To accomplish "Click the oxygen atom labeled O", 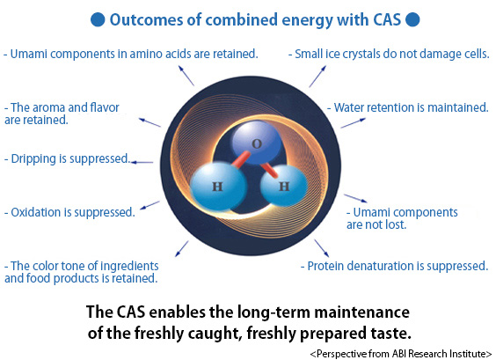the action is (257, 143).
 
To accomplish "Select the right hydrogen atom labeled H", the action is (284, 186).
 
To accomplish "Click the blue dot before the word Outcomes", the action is (98, 19).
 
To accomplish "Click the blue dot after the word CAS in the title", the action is (412, 19).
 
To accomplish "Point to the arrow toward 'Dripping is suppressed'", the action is (142, 163).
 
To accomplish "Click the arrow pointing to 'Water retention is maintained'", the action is (353, 123).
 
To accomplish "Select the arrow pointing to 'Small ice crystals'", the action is (317, 77).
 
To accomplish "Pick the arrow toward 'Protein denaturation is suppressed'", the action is (321, 248).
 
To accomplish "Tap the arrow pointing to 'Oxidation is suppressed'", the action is (150, 205).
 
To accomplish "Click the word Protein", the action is (325, 266).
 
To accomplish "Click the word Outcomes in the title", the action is (146, 19).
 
